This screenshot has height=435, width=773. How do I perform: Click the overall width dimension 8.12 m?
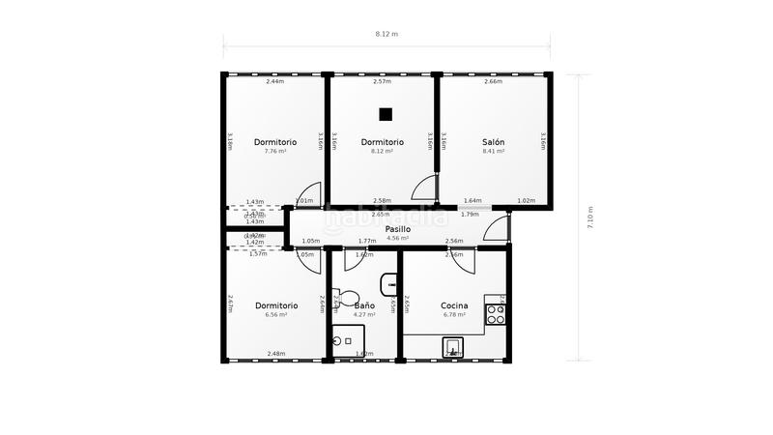pos(386,34)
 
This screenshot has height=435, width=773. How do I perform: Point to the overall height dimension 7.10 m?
pos(589,217)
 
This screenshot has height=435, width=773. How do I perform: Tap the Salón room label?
pos(493,142)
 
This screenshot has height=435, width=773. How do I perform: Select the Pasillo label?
pos(398,229)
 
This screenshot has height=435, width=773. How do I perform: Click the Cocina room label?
pos(454,305)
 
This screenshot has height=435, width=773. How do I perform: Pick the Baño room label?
pos(363,305)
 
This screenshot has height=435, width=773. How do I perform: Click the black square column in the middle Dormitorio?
pos(386,114)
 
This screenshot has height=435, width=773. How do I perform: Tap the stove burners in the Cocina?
pos(496,313)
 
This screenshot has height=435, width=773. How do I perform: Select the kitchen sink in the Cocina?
pos(451,347)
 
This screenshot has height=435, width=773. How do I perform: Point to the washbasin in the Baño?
pos(389,284)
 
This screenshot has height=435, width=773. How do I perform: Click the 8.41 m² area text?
pos(493,151)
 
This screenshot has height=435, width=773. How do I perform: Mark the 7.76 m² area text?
pos(275,151)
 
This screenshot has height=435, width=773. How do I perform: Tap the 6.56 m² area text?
pos(275,314)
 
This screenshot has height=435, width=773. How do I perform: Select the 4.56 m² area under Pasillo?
pos(398,238)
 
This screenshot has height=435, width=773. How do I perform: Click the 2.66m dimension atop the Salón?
pos(493,81)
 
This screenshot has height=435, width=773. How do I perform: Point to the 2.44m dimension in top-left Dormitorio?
pos(275,81)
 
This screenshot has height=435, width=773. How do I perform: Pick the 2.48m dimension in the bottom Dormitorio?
pos(275,354)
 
